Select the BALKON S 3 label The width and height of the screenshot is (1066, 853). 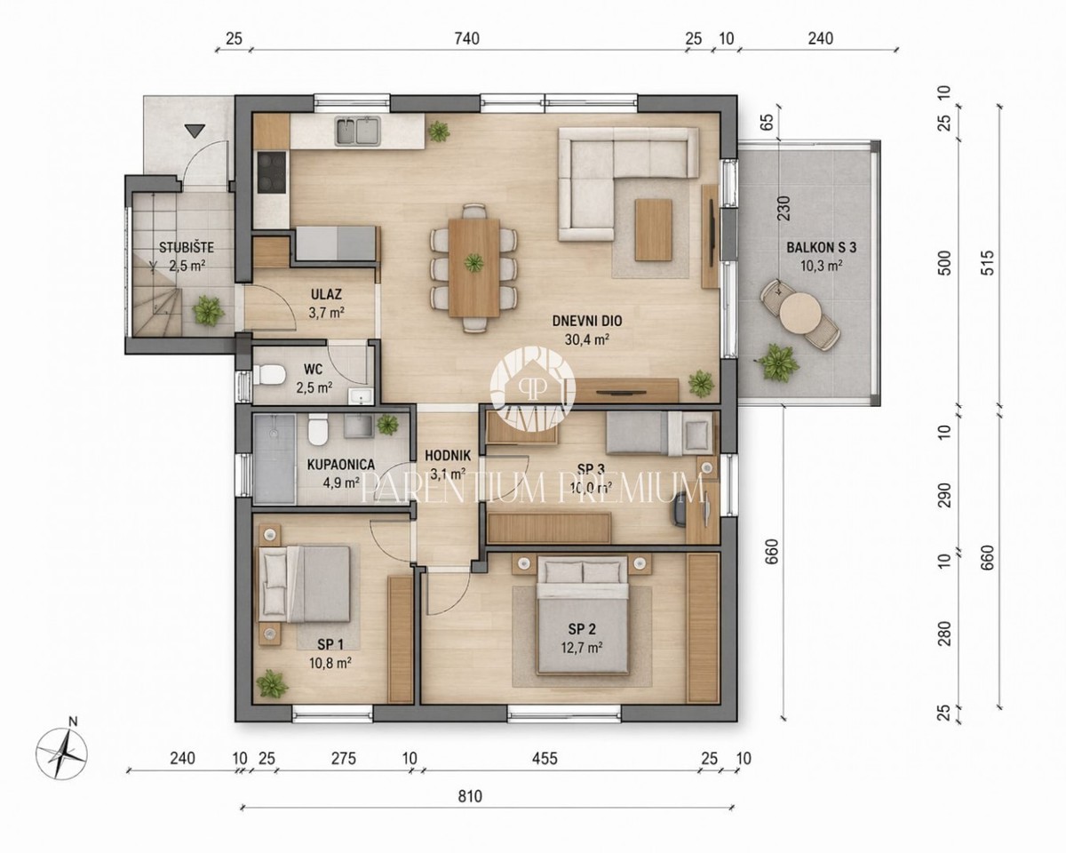pyautogui.click(x=814, y=248)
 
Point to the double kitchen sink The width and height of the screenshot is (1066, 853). pyautogui.click(x=357, y=132)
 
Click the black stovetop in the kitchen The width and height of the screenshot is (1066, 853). pyautogui.click(x=270, y=172)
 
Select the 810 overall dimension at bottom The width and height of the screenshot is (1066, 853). pyautogui.click(x=470, y=796)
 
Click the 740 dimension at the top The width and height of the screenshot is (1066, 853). pyautogui.click(x=465, y=38)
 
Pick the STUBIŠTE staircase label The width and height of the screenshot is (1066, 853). pyautogui.click(x=185, y=248)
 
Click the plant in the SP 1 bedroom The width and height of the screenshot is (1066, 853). pyautogui.click(x=270, y=683)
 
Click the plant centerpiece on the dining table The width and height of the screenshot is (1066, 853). pyautogui.click(x=474, y=262)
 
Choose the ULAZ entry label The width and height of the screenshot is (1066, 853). pyautogui.click(x=327, y=294)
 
